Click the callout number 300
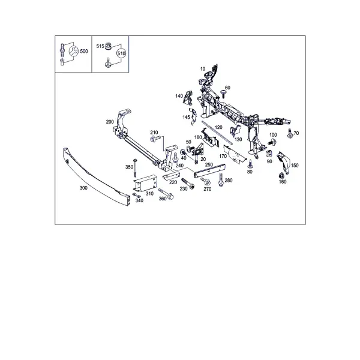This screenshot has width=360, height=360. pos(83,188)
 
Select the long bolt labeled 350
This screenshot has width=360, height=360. pos(135,167)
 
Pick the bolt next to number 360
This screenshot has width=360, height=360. pos(166,194)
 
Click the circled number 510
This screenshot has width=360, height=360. pos(121,53)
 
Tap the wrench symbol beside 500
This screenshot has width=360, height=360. pos(74,51)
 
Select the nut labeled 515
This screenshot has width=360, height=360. pos(108,46)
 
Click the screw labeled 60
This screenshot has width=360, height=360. pos(223,94)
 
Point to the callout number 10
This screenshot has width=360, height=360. pos(203,69)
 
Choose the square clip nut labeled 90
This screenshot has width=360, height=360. pos(269,154)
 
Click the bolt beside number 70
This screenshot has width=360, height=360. pos(290,134)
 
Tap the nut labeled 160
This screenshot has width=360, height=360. pos(281,176)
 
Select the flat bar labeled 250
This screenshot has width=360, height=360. pos(209,170)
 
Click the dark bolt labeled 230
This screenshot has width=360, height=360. pos(188,184)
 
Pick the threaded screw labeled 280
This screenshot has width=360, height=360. pos(221,179)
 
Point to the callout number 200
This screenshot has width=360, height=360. pos(110,122)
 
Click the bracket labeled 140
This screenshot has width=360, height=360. pos(188,97)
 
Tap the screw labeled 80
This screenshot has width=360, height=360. pos(250,164)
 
